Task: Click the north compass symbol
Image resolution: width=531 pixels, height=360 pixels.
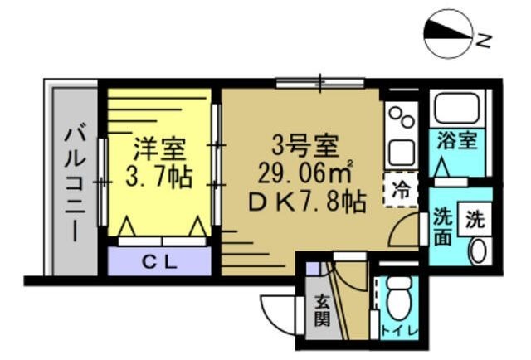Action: (x=446, y=34)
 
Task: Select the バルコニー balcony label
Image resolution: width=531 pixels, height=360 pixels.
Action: (x=76, y=182)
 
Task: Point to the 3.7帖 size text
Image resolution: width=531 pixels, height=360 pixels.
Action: (x=159, y=177)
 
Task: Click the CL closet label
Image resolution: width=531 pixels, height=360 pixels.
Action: (x=159, y=263)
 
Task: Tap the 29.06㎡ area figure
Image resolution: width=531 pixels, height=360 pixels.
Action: (x=304, y=174)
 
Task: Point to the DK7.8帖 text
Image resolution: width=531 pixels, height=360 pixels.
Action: (x=304, y=202)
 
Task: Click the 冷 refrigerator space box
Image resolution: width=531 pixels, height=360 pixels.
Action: (x=400, y=188)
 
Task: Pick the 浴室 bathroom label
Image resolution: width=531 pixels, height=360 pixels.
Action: (x=457, y=139)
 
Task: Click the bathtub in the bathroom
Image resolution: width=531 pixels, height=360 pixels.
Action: (x=457, y=106)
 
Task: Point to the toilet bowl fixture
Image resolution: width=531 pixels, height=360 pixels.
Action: (x=397, y=295)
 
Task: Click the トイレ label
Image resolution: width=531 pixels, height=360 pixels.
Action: (x=399, y=332)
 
